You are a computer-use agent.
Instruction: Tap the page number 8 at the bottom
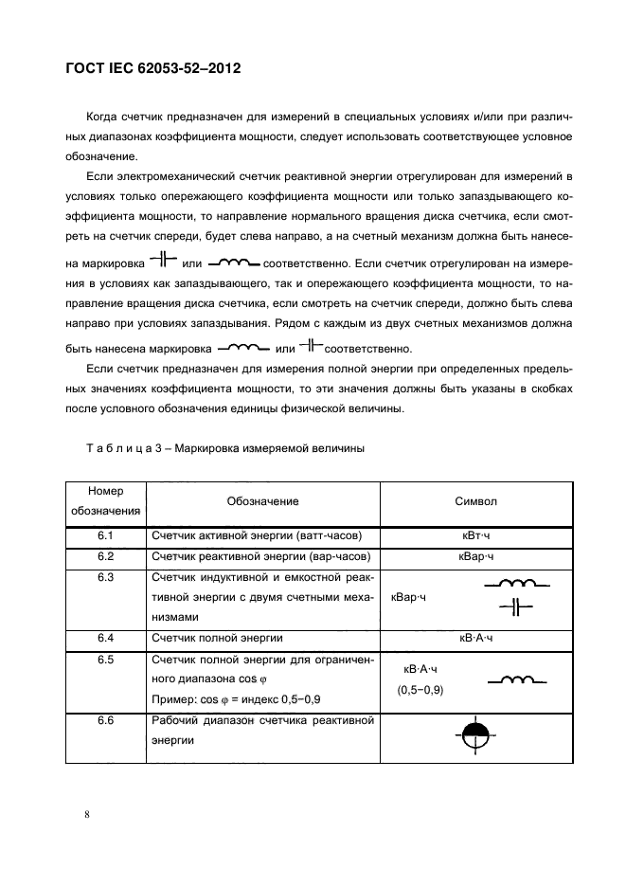point(86,814)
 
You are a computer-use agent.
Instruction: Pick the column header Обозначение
point(262,501)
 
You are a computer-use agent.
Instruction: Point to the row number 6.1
point(105,536)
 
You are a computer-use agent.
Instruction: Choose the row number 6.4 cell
point(105,638)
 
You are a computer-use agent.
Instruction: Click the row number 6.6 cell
point(105,721)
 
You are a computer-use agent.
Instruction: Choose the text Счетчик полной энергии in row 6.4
point(217,638)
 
